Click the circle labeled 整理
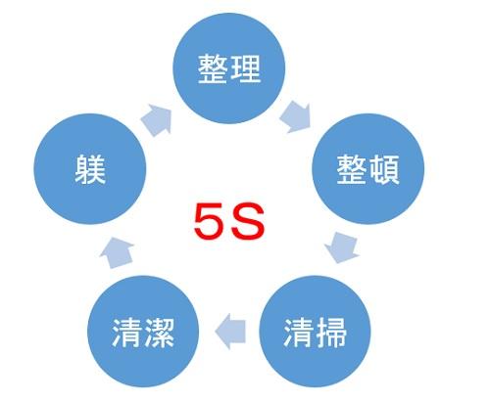tap(229, 68)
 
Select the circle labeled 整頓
tap(368, 168)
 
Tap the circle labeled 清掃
tap(315, 332)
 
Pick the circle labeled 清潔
tap(143, 332)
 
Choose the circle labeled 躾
tap(90, 168)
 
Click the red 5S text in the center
tap(229, 221)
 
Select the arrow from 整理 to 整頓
tap(296, 116)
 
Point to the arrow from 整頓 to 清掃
tap(342, 247)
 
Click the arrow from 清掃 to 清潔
tap(230, 332)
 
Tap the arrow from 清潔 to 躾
tap(117, 253)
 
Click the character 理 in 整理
tap(246, 68)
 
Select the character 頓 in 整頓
tap(385, 169)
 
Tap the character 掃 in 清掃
tap(331, 333)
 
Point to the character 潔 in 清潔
tap(160, 333)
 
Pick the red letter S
tap(248, 221)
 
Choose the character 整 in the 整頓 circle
tap(352, 169)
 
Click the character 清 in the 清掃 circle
tap(299, 333)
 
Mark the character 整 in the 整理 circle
tap(213, 68)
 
